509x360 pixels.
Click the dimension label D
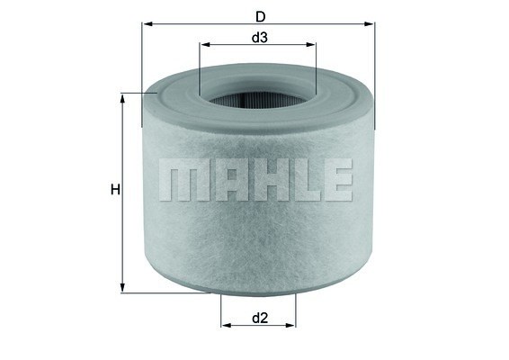[x=260, y=16]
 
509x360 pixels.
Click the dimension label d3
[x=259, y=38]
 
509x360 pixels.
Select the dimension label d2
[x=260, y=318]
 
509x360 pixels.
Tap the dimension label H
[x=115, y=189]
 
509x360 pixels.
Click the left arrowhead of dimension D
[x=147, y=23]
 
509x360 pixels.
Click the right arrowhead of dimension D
[x=369, y=23]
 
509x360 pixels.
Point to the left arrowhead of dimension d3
[x=205, y=44]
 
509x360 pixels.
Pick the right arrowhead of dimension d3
[x=310, y=44]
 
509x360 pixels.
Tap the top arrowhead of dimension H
[x=122, y=98]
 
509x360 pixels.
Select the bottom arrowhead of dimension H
[x=122, y=287]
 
